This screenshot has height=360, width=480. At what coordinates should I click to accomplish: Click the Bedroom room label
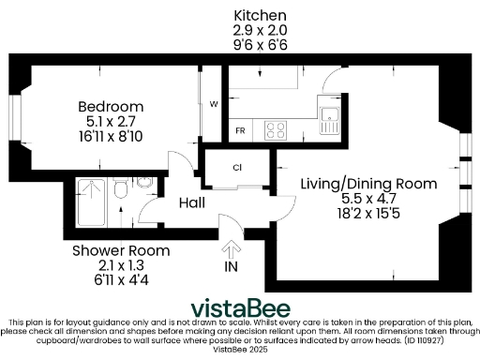click(x=111, y=106)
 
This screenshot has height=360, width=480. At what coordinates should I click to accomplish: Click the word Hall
click(x=192, y=202)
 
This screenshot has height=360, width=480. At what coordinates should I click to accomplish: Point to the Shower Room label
click(x=122, y=250)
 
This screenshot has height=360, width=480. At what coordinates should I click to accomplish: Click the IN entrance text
click(x=232, y=268)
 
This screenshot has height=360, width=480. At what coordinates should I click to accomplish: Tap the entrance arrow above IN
click(x=232, y=249)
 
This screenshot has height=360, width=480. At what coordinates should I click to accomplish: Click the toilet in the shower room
click(x=121, y=193)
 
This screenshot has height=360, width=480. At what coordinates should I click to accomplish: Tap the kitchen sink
click(x=329, y=119)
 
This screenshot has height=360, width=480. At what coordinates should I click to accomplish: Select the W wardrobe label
click(x=214, y=103)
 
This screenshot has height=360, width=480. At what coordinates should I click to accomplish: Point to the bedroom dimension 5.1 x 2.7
click(x=111, y=121)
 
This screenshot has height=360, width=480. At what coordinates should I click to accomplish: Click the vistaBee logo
click(x=240, y=308)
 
